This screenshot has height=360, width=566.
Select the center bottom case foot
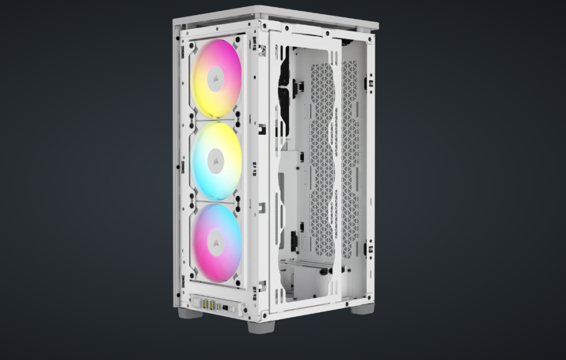pyautogui.click(x=261, y=327)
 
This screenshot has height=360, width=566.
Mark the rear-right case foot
pyautogui.click(x=362, y=308)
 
